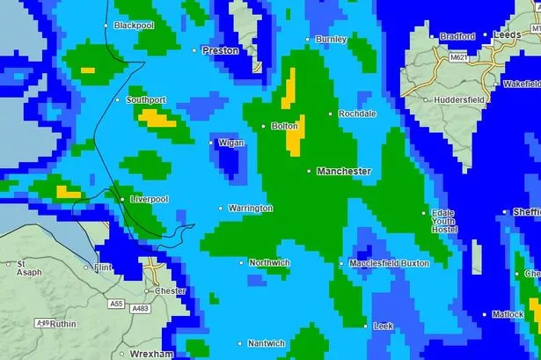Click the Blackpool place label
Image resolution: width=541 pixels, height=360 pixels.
(133, 26)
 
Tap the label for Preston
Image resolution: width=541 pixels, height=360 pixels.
(220, 50)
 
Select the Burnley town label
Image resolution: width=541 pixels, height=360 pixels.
(332, 40)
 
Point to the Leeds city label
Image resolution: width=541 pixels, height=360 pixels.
(508, 35)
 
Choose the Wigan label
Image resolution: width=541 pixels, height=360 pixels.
(230, 142)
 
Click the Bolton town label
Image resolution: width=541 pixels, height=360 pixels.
(284, 127)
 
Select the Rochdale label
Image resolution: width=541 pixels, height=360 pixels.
(358, 114)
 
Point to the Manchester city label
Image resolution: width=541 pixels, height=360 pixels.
(344, 171)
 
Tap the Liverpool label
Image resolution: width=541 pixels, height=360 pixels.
(149, 200)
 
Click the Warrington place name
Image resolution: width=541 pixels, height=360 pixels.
(251, 209)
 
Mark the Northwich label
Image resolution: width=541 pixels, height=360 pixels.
(268, 262)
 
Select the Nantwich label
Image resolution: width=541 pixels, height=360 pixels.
(267, 343)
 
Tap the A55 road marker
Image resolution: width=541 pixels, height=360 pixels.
(116, 303)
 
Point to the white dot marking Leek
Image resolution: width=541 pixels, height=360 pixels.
(367, 327)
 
